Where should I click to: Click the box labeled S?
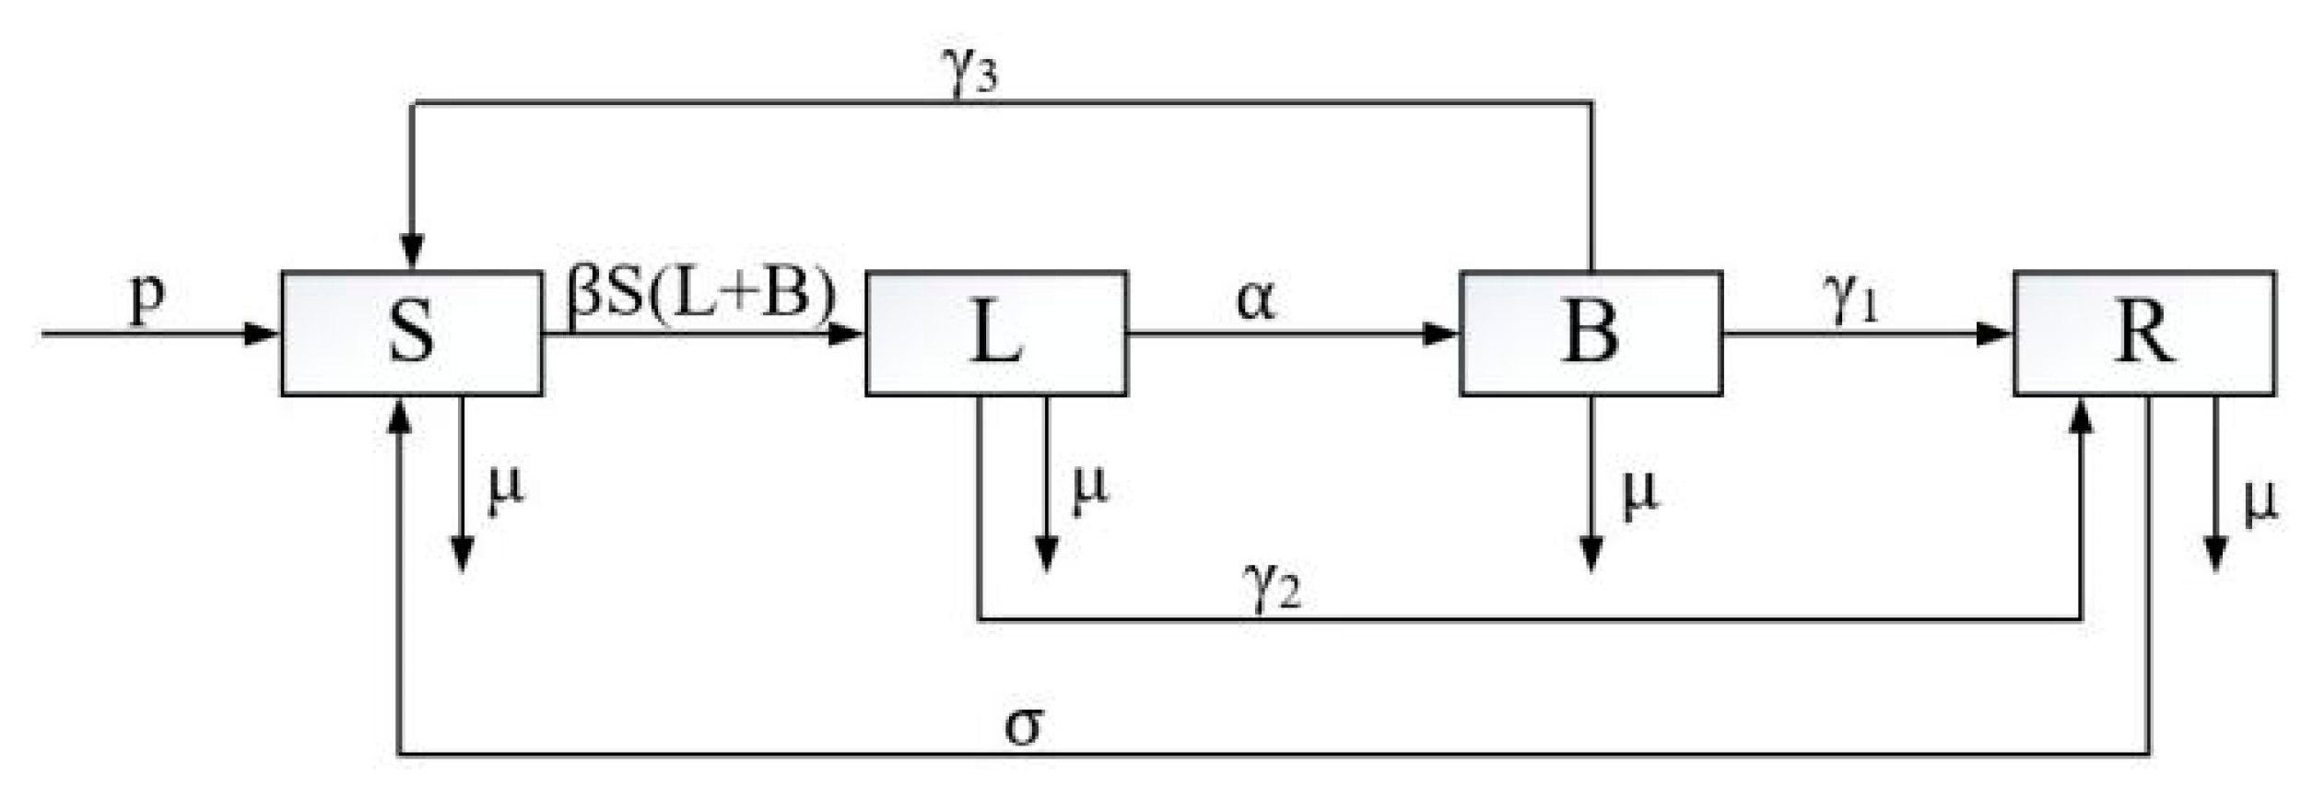tap(411, 334)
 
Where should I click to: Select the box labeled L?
tap(996, 334)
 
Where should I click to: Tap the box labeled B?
tap(1591, 334)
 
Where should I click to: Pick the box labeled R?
tap(2143, 334)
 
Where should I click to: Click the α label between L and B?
tap(1256, 299)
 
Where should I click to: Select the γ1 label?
tap(1849, 300)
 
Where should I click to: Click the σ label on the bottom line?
tap(1024, 725)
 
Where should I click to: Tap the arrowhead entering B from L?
tap(1440, 334)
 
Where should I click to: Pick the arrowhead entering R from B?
tap(1994, 334)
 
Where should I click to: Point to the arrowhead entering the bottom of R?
tap(2081, 416)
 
